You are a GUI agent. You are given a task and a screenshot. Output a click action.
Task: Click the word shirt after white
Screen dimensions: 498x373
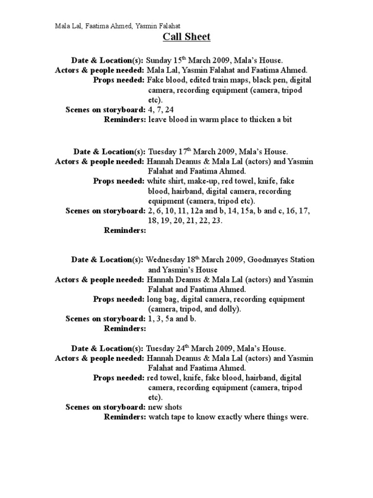point(178,181)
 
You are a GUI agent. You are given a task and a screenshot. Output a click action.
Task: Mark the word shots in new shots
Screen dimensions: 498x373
point(174,407)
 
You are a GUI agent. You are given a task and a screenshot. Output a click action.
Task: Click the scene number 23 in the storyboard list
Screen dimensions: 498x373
point(215,221)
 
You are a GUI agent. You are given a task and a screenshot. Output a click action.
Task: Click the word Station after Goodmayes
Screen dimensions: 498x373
point(301,260)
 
